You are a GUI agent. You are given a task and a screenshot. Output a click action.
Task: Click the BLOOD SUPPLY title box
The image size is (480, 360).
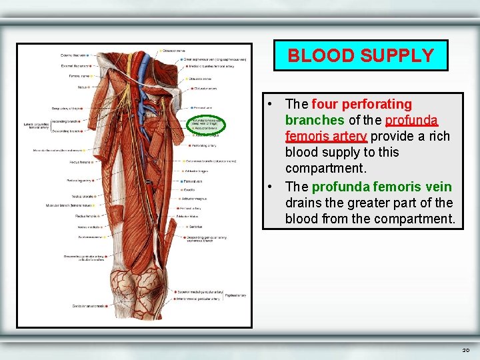pyautogui.click(x=361, y=55)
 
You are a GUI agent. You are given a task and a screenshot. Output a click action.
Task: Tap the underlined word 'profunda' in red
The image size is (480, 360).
pyautogui.click(x=411, y=121)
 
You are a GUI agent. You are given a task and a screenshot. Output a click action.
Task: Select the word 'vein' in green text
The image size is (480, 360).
pyautogui.click(x=437, y=187)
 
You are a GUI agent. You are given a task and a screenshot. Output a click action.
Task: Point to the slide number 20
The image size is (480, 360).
pyautogui.click(x=465, y=349)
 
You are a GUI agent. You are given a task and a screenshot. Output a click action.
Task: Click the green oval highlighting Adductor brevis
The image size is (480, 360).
pyautogui.click(x=206, y=123)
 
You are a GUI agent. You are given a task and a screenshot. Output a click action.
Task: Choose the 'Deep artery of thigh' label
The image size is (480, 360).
pyautogui.click(x=68, y=109)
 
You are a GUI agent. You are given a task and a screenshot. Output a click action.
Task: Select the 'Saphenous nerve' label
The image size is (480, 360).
pyautogui.click(x=89, y=237)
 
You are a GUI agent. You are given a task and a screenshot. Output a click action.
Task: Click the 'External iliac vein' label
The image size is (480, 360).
pyautogui.click(x=74, y=65)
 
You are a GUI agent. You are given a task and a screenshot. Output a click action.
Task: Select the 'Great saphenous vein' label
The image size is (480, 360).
pyautogui.click(x=213, y=59)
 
